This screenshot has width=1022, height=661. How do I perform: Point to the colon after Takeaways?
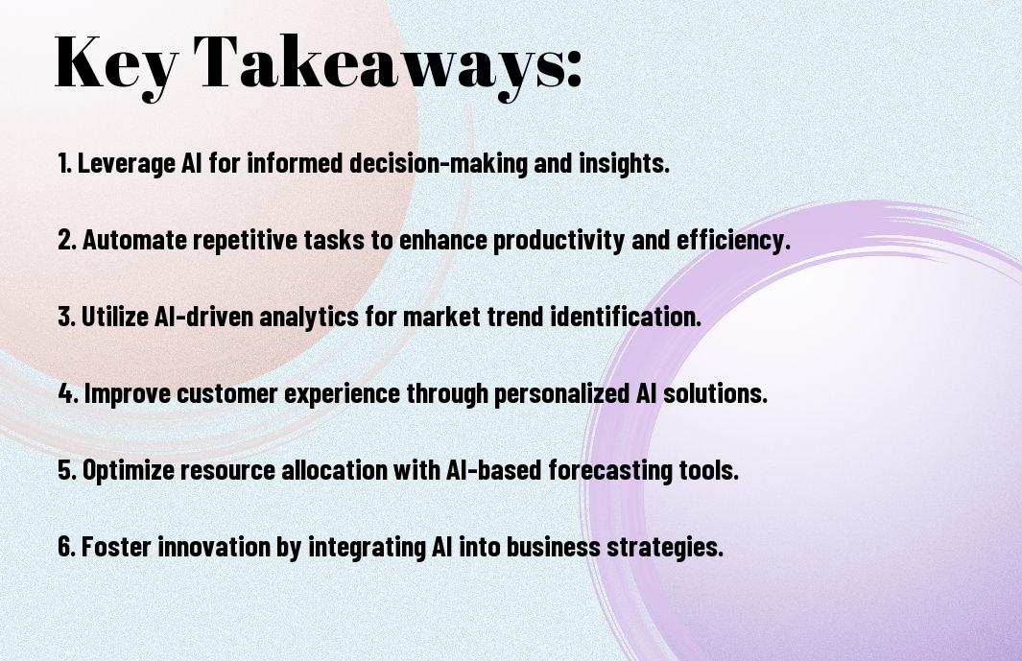[574, 68]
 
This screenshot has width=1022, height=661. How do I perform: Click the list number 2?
[67, 240]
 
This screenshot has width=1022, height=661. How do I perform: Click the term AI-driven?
[204, 317]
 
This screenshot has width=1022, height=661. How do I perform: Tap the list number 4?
[68, 393]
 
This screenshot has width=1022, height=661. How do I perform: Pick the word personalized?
[560, 394]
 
